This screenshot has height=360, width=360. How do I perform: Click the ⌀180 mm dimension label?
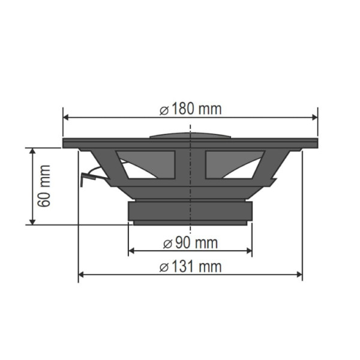click(191, 109)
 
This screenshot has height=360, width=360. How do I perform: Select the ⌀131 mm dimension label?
click(191, 266)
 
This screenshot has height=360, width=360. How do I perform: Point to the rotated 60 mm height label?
click(43, 186)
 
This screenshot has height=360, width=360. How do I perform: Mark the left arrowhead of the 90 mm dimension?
click(132, 251)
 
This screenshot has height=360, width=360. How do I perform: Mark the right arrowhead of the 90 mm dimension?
click(248, 251)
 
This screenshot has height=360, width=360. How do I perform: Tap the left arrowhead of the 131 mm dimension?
click(82, 275)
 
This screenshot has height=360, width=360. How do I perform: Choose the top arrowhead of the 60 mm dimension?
click(31, 151)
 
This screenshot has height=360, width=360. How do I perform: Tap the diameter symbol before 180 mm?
click(164, 110)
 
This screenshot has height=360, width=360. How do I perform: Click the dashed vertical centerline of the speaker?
click(190, 180)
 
